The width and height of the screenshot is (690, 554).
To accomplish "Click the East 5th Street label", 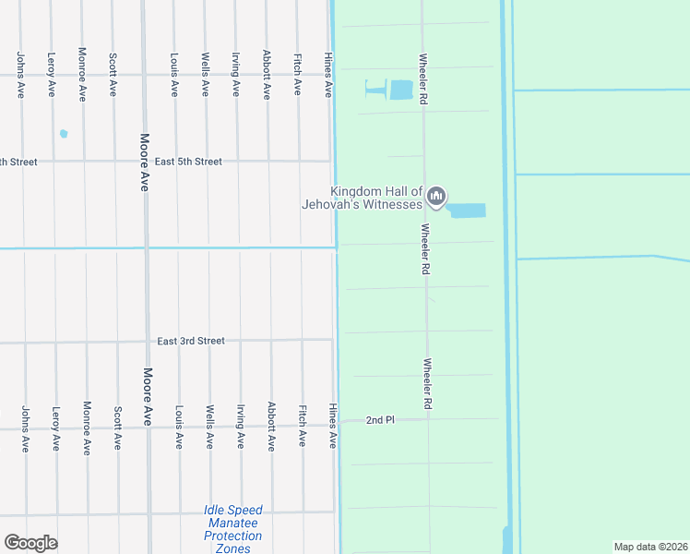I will point(188,162).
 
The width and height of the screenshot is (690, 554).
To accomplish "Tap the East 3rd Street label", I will point(191,341).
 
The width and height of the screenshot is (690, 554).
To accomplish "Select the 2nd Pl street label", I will point(380,420).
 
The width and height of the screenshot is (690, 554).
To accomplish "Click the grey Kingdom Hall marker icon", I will point(437,197).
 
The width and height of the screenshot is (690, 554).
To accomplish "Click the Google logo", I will point(30,543).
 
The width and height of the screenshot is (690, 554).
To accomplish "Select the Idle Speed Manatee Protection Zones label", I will point(233,529).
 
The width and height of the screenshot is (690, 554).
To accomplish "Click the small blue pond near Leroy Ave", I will point(64,134).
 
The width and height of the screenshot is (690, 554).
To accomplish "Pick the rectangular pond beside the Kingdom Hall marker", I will point(467,211).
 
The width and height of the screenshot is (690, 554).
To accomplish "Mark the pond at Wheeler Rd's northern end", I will point(400,90).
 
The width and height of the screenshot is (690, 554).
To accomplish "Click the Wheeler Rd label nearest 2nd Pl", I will point(428,384).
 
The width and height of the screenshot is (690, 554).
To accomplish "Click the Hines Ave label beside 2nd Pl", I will point(332,427).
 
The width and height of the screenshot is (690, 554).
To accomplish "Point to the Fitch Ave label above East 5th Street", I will point(297,74).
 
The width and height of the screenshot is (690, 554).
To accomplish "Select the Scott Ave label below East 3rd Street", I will point(117,428).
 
